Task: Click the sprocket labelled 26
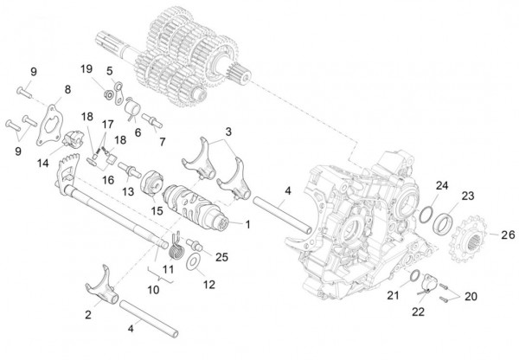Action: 468,235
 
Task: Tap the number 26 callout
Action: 507,235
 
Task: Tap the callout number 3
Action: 227,132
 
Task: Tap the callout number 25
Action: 221,257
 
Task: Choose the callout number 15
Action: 157,209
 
